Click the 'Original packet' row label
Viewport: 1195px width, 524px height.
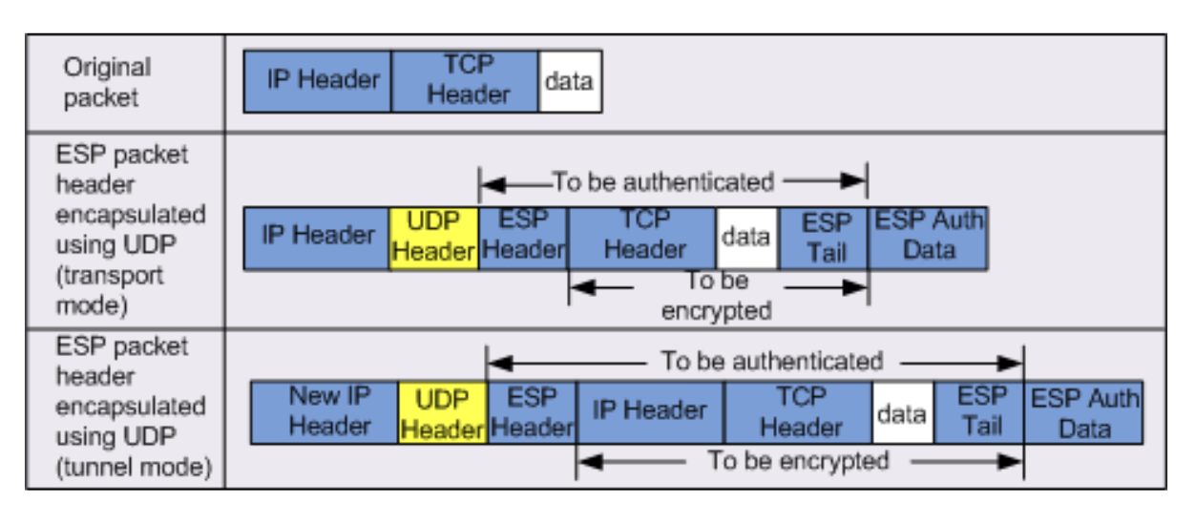[107, 82]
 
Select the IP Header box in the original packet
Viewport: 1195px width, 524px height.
[317, 81]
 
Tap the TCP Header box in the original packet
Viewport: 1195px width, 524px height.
[465, 81]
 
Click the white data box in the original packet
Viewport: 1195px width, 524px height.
[570, 81]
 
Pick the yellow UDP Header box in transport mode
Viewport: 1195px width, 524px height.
[433, 238]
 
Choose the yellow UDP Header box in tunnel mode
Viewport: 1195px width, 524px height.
[442, 412]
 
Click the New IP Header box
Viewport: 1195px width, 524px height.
[325, 412]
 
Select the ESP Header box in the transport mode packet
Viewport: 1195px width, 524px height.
[523, 238]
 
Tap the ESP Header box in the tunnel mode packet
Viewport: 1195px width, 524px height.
[532, 412]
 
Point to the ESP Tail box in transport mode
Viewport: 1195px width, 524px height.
[824, 238]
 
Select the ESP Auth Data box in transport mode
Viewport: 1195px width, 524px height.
[928, 238]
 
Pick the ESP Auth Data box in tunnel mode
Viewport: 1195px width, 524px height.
[1083, 412]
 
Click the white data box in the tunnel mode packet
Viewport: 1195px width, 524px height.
[902, 412]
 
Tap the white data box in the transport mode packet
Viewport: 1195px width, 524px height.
[746, 238]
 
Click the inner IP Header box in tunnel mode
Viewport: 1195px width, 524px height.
[650, 412]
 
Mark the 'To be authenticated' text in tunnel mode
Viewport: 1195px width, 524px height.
[771, 362]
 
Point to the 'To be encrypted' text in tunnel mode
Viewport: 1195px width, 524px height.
[797, 461]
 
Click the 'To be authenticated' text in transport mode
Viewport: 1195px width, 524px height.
[662, 181]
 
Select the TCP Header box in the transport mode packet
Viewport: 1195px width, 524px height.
[642, 238]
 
